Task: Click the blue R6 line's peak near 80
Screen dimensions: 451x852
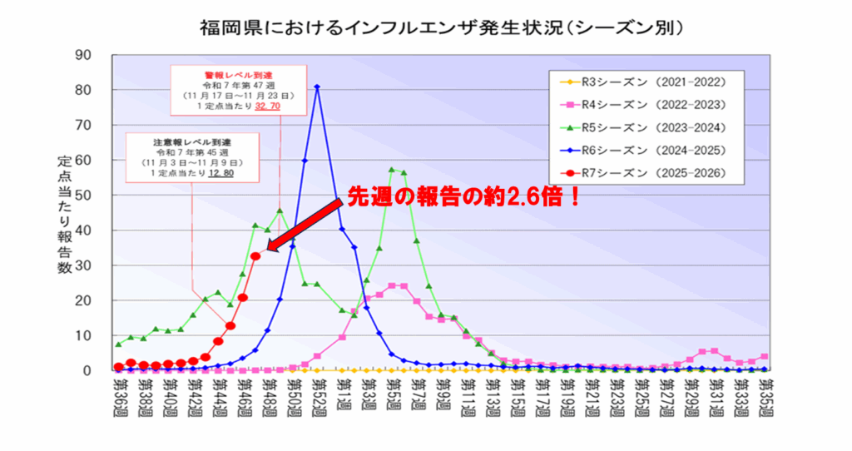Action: (x=317, y=87)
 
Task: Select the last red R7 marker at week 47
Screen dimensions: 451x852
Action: (x=255, y=256)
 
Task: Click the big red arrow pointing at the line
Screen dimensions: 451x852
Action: (x=304, y=225)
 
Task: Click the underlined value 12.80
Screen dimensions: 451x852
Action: (x=220, y=173)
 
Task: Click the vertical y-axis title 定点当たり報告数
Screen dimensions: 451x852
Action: (x=64, y=215)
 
